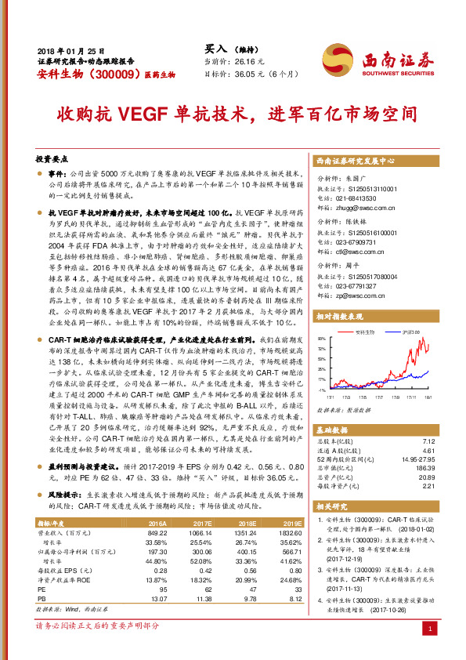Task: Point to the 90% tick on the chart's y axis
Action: [323, 339]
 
